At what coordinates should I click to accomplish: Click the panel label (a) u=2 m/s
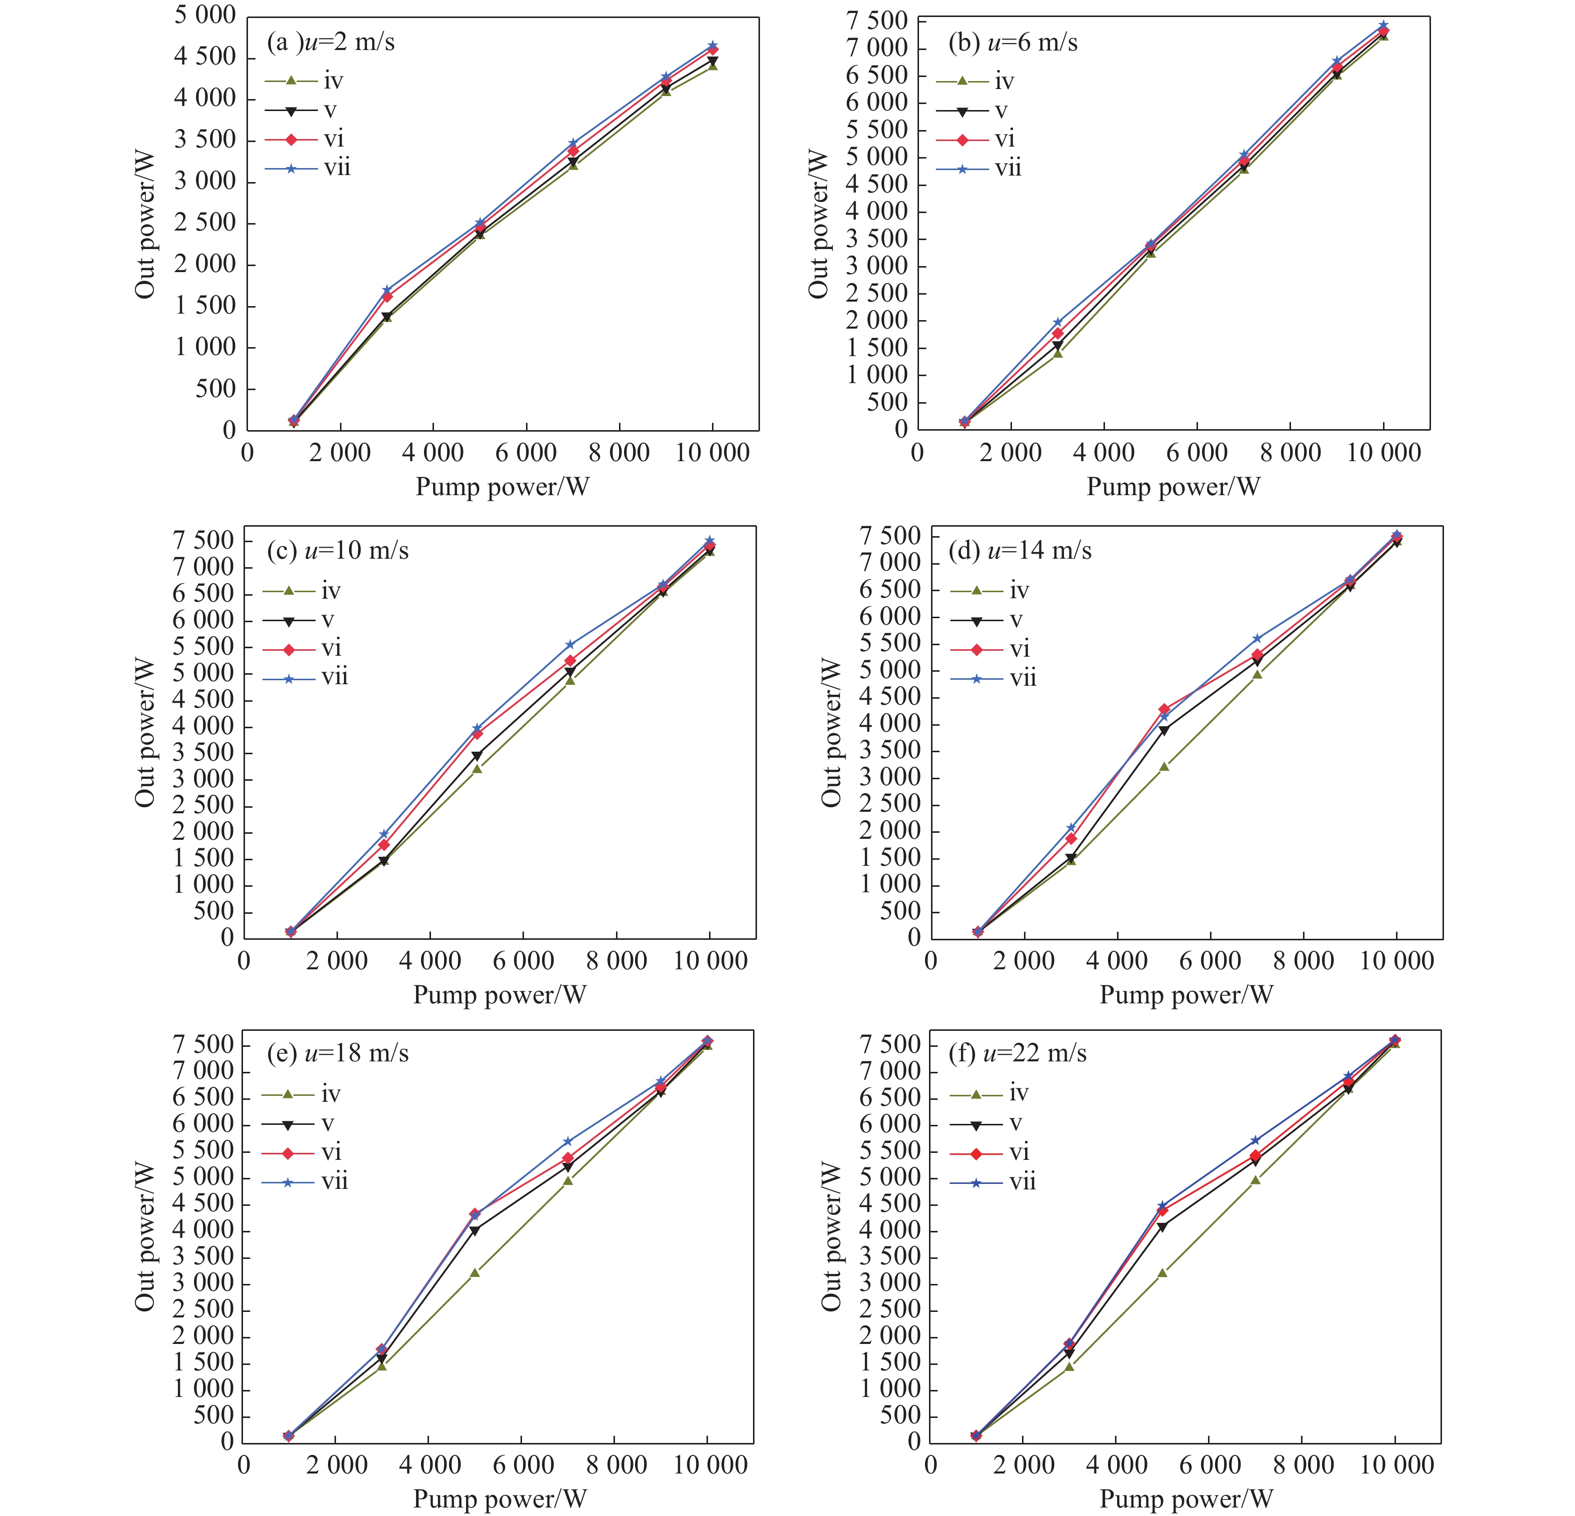[330, 43]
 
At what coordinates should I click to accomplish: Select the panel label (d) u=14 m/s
[1019, 551]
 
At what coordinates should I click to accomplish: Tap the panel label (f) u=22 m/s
[1017, 1053]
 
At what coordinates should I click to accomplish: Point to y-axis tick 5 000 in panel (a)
[205, 16]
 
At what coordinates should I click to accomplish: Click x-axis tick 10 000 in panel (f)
[1396, 1464]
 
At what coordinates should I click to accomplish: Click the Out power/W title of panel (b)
[818, 224]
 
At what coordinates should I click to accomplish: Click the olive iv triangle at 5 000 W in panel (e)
[475, 1272]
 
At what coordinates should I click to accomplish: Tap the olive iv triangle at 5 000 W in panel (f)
[1162, 1272]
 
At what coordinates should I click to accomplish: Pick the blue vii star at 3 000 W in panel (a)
[386, 290]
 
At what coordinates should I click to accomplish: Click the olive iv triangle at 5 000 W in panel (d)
[1163, 767]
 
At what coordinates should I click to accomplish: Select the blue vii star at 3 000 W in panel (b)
[1057, 322]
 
